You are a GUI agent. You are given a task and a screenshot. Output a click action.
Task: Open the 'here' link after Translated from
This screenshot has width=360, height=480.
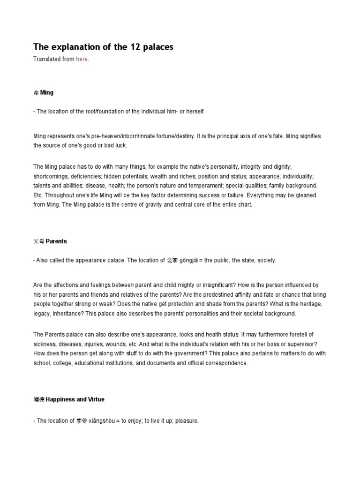point(82,60)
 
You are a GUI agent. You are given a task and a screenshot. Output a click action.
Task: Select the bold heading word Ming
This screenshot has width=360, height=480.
point(47,92)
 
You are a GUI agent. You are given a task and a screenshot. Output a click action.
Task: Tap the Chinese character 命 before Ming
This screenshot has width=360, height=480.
point(36,92)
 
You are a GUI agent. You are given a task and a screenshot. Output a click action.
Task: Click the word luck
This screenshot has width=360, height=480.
point(120,145)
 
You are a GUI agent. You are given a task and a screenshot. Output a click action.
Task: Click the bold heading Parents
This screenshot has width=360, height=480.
point(56,241)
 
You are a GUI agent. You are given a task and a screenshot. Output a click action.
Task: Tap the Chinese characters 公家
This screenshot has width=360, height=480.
point(172,261)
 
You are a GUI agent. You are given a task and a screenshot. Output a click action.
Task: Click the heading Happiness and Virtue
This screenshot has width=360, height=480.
point(75,399)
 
